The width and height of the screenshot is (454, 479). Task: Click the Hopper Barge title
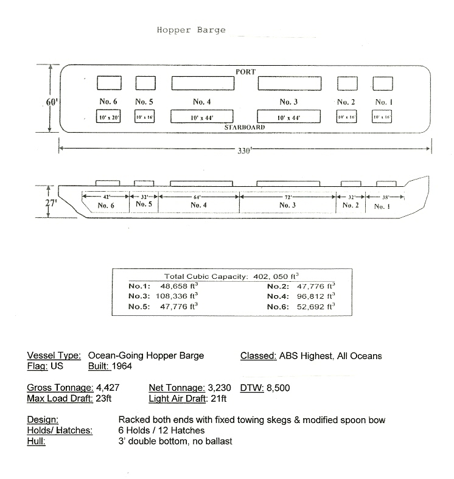(x=191, y=29)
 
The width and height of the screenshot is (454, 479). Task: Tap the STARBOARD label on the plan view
(x=244, y=128)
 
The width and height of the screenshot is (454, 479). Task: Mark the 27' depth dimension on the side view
(x=51, y=203)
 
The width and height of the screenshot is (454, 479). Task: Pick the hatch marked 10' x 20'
(x=107, y=117)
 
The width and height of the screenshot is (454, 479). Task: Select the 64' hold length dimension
(x=197, y=197)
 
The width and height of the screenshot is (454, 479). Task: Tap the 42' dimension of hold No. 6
(x=106, y=197)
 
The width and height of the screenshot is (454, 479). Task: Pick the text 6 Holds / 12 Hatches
(x=162, y=431)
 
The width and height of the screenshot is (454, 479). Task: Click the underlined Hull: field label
(x=36, y=442)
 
